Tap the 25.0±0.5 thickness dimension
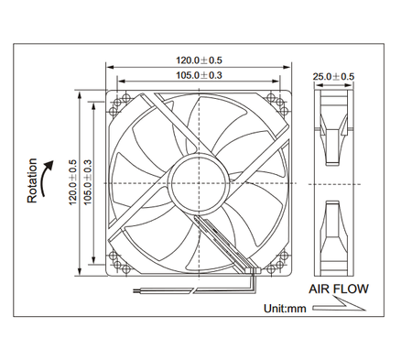[334, 76]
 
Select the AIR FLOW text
[338, 289]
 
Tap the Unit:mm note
[285, 308]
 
